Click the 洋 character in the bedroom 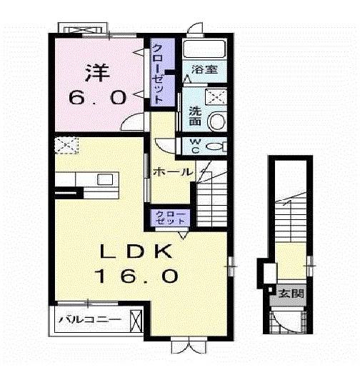tap(98, 73)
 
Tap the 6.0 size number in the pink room tap(98, 98)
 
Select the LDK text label tap(136, 251)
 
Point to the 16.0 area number tap(136, 276)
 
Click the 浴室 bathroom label tap(204, 70)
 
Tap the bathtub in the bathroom tap(204, 49)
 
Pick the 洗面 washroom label tap(195, 116)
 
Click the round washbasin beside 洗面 tap(217, 121)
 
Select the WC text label tap(196, 146)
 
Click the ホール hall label tap(173, 171)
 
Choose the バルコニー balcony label tap(90, 319)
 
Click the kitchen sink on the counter tap(105, 179)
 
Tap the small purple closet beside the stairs tap(171, 217)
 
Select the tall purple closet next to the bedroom tap(163, 72)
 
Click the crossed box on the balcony tap(136, 321)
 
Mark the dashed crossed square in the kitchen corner tap(66, 145)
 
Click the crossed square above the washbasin tap(216, 96)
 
